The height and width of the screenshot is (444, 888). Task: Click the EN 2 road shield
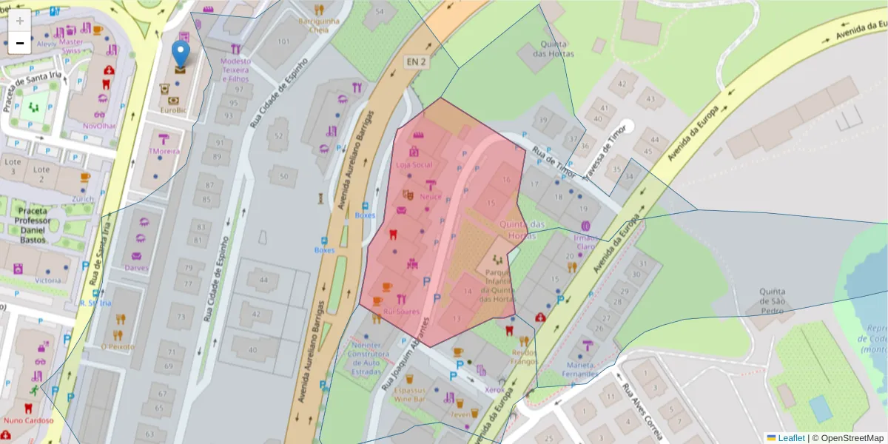pyautogui.click(x=414, y=62)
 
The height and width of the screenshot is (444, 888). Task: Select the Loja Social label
pyautogui.click(x=414, y=164)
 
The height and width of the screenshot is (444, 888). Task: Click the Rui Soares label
pyautogui.click(x=401, y=312)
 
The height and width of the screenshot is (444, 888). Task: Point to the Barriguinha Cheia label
pyautogui.click(x=319, y=25)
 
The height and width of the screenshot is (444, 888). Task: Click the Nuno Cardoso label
pyautogui.click(x=29, y=420)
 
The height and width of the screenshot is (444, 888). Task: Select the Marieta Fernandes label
pyautogui.click(x=580, y=369)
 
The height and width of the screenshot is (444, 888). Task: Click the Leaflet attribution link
pyautogui.click(x=791, y=438)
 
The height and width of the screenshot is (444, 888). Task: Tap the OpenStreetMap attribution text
pyautogui.click(x=851, y=438)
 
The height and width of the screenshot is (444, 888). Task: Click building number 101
pyautogui.click(x=283, y=41)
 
